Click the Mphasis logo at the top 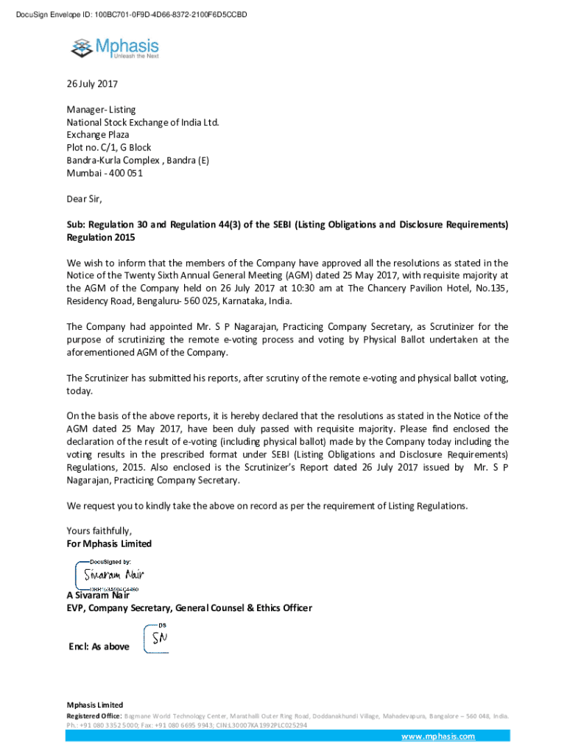(x=114, y=49)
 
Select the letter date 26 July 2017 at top (x=92, y=84)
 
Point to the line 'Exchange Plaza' (x=97, y=135)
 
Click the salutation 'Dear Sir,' (x=85, y=199)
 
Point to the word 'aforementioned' (x=102, y=353)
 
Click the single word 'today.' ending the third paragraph (x=80, y=391)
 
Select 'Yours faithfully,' (x=99, y=531)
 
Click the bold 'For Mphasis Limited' (x=109, y=543)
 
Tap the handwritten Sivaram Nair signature (x=113, y=574)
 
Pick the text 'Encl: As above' (x=99, y=646)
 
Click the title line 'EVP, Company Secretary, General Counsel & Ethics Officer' (x=189, y=608)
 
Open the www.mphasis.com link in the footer (x=437, y=736)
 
